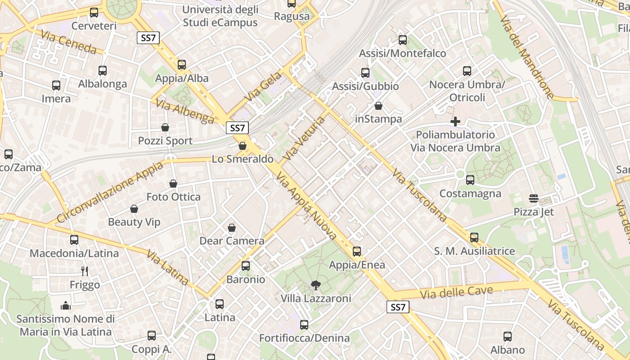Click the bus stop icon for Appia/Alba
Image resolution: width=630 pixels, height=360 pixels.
[x=182, y=65]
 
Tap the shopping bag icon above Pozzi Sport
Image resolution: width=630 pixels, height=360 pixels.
[x=165, y=127]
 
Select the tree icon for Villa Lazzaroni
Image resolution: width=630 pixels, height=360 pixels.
[x=316, y=284]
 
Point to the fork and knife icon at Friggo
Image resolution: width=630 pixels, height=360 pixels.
[x=85, y=271]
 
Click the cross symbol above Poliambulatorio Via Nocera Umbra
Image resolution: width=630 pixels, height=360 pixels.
[x=455, y=121]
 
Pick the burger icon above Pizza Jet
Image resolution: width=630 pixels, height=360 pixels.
[x=534, y=198]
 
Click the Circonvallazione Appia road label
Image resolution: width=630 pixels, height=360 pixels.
[x=110, y=193]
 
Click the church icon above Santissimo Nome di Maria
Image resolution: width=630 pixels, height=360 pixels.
[x=66, y=306]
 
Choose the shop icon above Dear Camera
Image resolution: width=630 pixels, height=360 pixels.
[x=232, y=228]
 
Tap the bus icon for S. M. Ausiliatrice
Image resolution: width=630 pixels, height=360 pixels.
[x=474, y=238]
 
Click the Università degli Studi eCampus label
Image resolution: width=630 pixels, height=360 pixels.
[x=220, y=16]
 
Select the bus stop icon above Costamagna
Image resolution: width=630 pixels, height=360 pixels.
[x=470, y=180]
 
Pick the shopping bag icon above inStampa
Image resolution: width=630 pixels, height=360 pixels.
[x=378, y=106]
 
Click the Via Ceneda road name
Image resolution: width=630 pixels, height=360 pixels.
[x=68, y=42]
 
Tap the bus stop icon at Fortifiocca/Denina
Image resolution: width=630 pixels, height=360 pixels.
[x=304, y=324]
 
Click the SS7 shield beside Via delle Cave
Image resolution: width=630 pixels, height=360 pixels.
[x=398, y=307]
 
